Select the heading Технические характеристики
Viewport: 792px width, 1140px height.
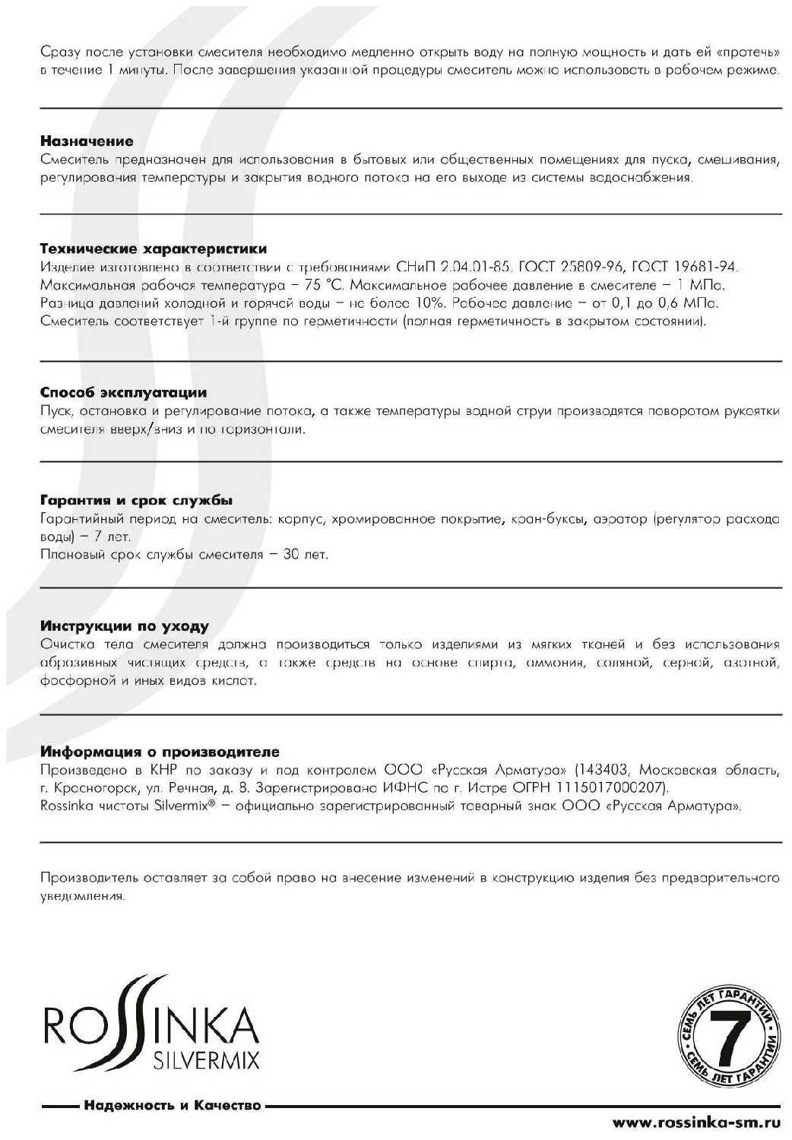[x=153, y=249]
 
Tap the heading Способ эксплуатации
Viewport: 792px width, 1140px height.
[x=123, y=393]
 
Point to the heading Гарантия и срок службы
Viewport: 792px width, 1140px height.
[x=136, y=501]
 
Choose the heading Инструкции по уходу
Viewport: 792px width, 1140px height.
[x=124, y=627]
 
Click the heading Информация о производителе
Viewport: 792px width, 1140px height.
[x=160, y=752]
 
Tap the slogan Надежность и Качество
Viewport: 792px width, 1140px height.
[x=173, y=1105]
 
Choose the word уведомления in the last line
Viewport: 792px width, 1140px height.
[x=81, y=896]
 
